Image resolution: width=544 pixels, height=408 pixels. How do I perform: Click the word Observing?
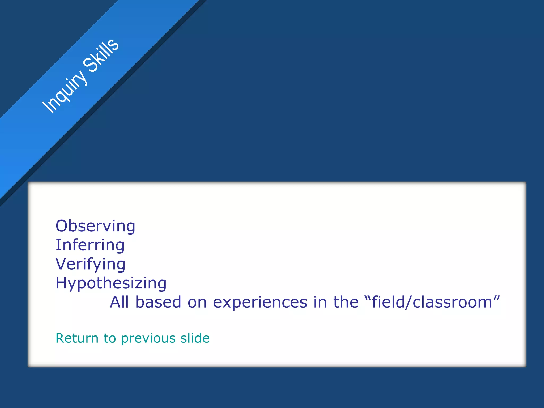click(x=95, y=226)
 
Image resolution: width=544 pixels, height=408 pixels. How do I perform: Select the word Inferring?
click(x=90, y=245)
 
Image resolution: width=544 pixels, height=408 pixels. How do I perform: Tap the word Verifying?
click(x=90, y=264)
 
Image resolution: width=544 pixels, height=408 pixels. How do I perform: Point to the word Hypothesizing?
click(x=111, y=283)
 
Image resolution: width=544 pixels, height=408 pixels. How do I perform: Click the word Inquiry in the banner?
click(x=65, y=91)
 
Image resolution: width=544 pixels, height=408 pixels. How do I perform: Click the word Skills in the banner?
click(x=101, y=55)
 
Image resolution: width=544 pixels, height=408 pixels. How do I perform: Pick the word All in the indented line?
click(x=119, y=302)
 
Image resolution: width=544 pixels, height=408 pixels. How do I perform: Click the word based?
click(x=158, y=302)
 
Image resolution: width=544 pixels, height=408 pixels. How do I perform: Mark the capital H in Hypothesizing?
click(x=61, y=283)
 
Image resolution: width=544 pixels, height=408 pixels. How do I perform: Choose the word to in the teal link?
click(x=109, y=338)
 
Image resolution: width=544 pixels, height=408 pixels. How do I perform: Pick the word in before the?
click(x=320, y=302)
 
